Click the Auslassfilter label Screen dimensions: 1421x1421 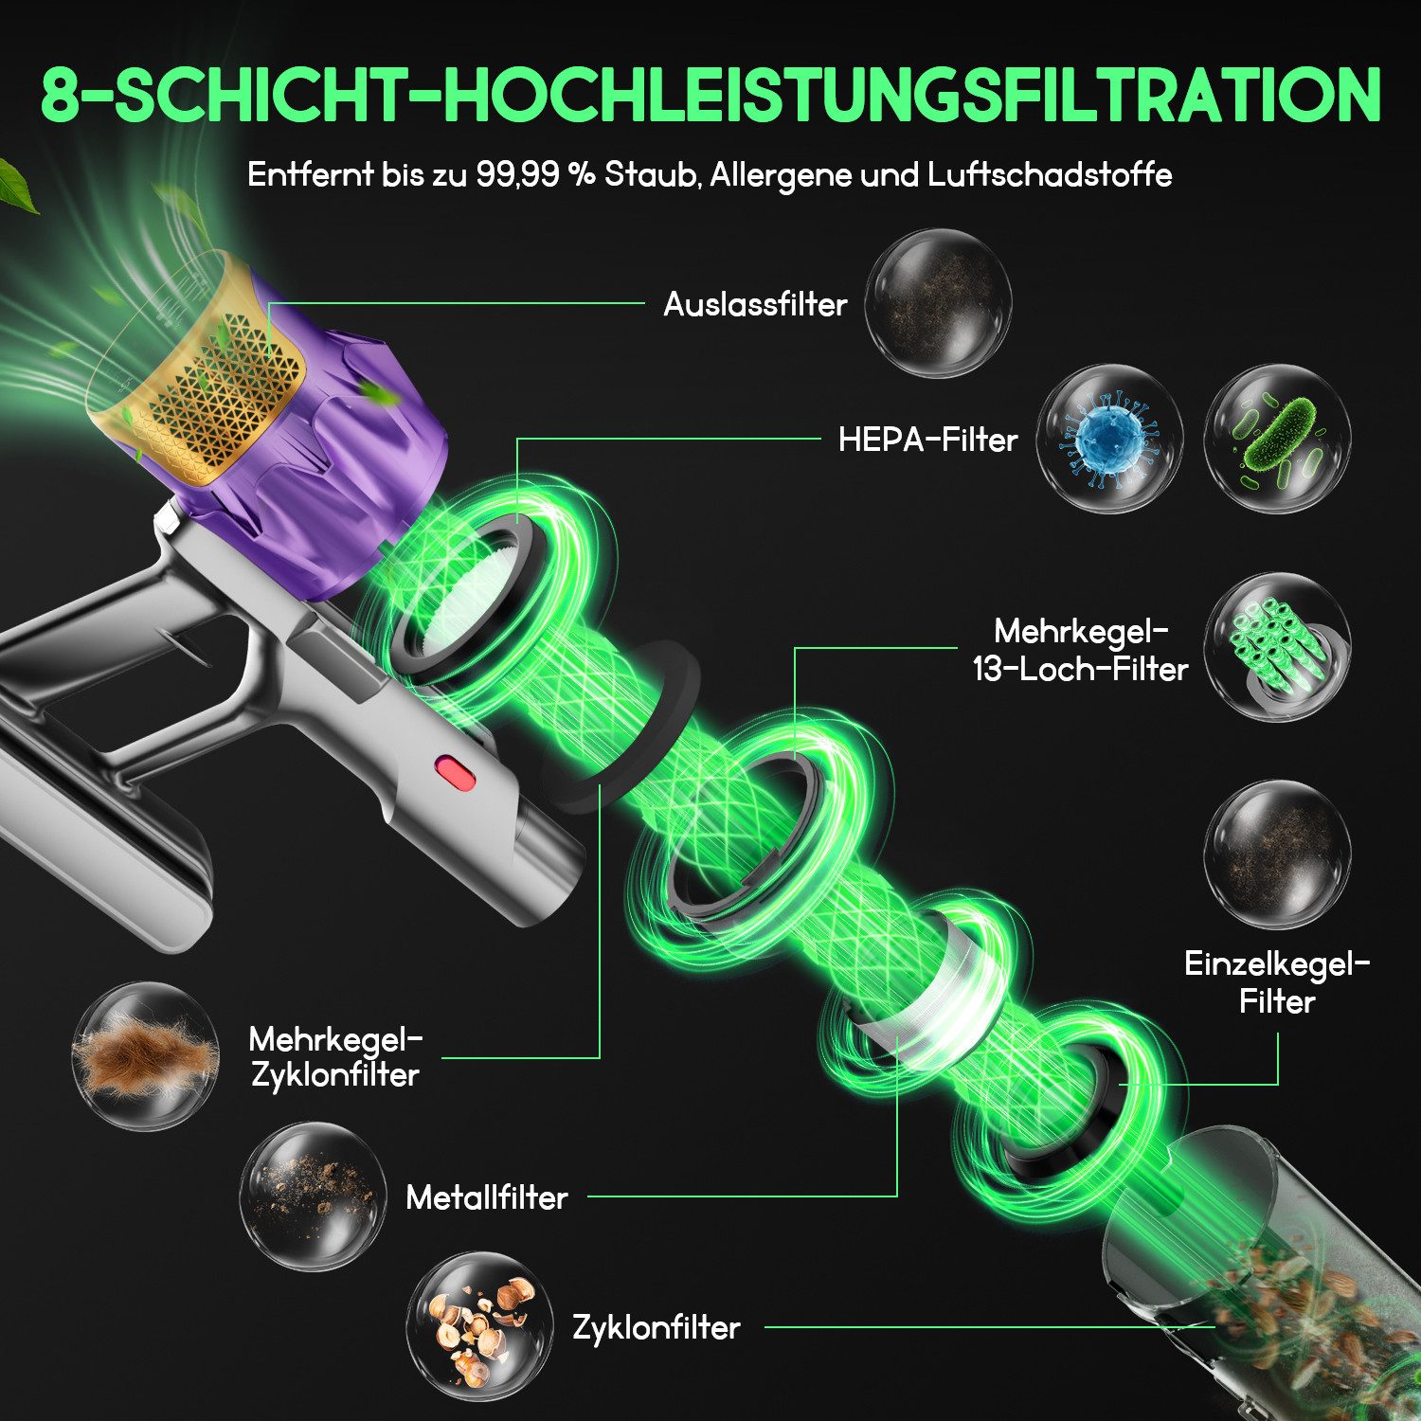tap(755, 304)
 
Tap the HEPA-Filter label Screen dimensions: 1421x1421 tap(927, 440)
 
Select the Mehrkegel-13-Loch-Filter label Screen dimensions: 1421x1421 tap(1081, 650)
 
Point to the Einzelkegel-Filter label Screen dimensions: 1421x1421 tap(1277, 982)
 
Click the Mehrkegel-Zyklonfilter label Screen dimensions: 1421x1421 tap(335, 1056)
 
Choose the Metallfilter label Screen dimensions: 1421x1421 tap(487, 1197)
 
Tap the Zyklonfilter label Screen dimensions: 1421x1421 tap(656, 1327)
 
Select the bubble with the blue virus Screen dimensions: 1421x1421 tap(1109, 440)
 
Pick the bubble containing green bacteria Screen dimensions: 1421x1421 tap(1278, 440)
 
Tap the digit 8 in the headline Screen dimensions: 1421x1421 tap(62, 95)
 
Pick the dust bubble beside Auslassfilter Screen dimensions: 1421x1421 tap(938, 303)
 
